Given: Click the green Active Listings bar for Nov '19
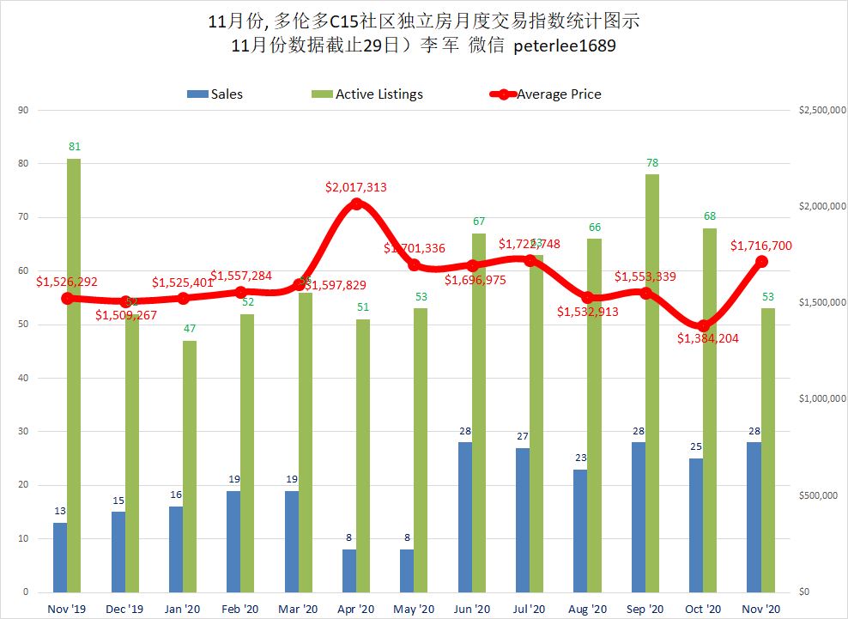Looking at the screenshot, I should coord(74,375).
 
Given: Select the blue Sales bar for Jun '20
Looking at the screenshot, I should coord(464,517).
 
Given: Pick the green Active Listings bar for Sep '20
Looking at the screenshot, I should coord(652,383).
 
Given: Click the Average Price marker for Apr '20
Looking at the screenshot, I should coord(357,204).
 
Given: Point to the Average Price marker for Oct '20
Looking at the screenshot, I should coord(704,325).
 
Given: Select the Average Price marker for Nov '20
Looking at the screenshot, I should coord(761,262).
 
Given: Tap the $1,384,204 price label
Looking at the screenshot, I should coord(708,338).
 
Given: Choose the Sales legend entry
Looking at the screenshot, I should coord(215,94).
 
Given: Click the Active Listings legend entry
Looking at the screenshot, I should coord(369,94).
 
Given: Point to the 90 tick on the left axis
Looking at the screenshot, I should coord(23,110).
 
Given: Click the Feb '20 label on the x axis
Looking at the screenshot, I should coord(239,609).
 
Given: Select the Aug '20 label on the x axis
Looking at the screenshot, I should coord(587,609).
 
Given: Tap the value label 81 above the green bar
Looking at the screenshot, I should coord(74,148).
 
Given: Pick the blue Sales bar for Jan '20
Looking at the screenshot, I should coord(175,549).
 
